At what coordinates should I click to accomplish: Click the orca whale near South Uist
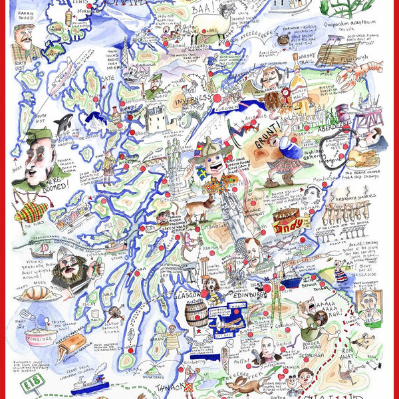pos(64,124)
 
